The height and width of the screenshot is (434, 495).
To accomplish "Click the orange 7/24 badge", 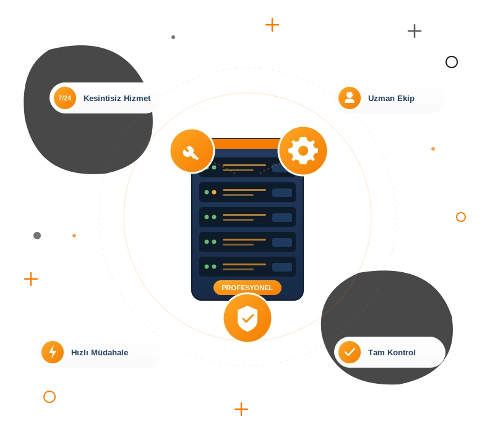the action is [65, 98].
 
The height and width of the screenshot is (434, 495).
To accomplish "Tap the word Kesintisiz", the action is [102, 99].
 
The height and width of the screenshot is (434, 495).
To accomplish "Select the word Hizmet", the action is [137, 99].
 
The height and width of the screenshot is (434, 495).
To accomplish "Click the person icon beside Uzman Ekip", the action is [350, 98].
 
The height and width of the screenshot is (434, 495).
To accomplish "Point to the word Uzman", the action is [381, 99].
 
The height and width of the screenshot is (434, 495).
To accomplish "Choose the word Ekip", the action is [406, 99].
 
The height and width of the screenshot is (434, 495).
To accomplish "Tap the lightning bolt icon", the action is [53, 352].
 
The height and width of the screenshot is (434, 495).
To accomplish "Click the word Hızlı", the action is [79, 353].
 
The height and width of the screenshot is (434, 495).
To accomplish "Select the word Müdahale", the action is [110, 353].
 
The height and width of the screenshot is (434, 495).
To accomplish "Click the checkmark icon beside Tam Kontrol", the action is [350, 352].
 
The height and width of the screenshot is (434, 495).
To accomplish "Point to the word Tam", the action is [376, 353].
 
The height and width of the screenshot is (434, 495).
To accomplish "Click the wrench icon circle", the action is [192, 151].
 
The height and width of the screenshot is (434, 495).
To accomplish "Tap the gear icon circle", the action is [303, 151].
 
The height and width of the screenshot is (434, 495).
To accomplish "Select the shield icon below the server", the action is [247, 318].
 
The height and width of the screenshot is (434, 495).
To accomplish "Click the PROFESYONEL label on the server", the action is [247, 288].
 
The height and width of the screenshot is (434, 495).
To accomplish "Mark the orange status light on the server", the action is [214, 192].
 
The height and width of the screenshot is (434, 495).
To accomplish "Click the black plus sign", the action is [415, 31].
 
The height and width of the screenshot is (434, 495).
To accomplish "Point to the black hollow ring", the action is [452, 62].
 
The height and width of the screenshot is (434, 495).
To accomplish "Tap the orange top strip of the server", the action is [246, 144].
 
